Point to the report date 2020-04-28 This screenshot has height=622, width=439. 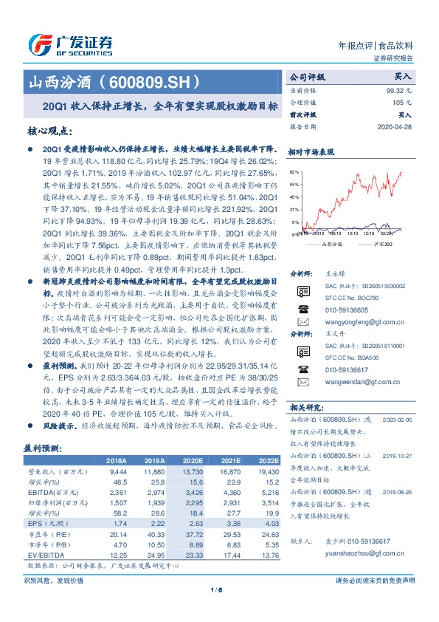click(395, 125)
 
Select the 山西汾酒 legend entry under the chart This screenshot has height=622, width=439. click(333, 244)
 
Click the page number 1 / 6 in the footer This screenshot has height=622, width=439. click(219, 609)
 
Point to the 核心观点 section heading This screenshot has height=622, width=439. click(49, 130)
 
